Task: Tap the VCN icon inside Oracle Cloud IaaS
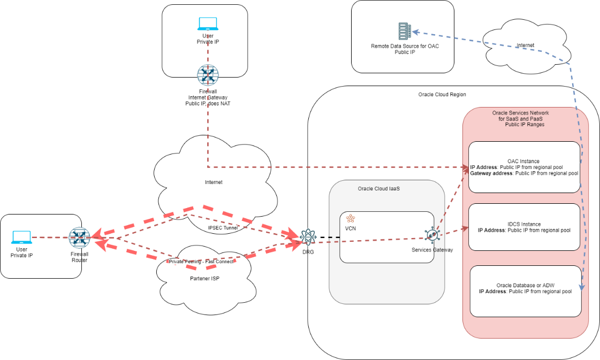click(x=351, y=218)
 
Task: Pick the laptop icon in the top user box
click(x=208, y=24)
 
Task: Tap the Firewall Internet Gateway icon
click(x=207, y=75)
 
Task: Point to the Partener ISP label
click(x=205, y=278)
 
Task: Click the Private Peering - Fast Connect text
click(x=200, y=262)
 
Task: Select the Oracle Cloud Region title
click(x=442, y=95)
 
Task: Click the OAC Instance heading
click(x=523, y=161)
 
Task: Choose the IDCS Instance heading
click(x=523, y=224)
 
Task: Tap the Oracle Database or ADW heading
click(x=525, y=285)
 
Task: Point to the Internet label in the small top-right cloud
click(x=525, y=45)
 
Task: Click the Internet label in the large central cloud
click(x=214, y=182)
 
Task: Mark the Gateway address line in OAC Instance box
click(x=524, y=173)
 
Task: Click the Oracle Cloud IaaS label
click(x=379, y=189)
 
